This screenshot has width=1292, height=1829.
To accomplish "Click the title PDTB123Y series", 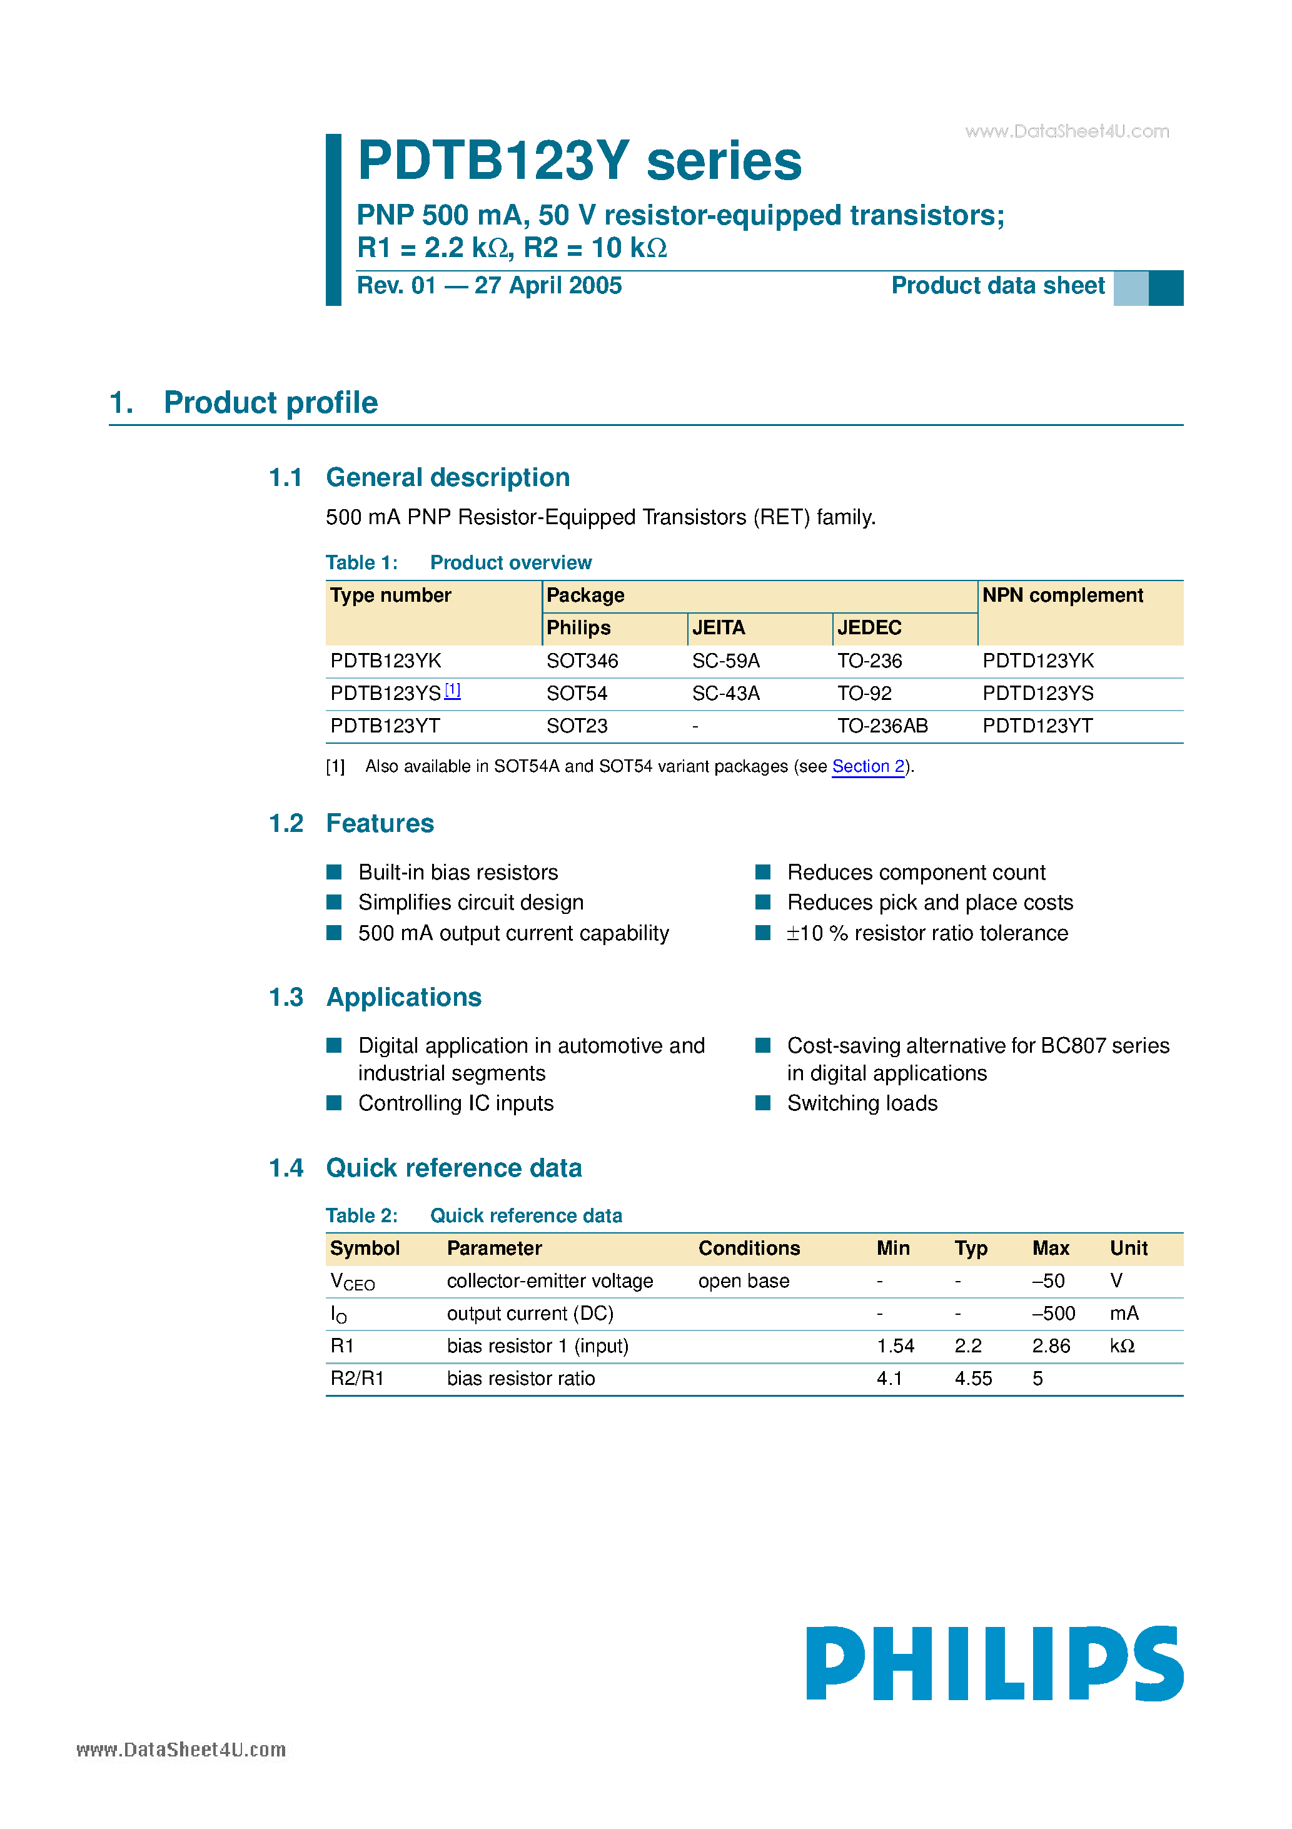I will coord(579,161).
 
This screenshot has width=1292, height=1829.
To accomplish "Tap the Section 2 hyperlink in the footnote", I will coord(867,766).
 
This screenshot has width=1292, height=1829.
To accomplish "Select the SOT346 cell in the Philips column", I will coord(582,661).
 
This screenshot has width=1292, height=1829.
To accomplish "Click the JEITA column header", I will coord(718,628).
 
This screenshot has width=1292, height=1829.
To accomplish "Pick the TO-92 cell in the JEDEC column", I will coord(864,694).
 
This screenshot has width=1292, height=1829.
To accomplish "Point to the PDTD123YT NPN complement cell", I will coord(1037,726).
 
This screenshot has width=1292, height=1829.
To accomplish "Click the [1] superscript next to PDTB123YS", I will coord(452,691).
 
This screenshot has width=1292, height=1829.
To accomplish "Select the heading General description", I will coord(448,477).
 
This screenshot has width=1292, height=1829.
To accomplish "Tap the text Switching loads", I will coord(862,1103).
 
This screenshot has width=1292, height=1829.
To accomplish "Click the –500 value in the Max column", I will coord(1053,1314).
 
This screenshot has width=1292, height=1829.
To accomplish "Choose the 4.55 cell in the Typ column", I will coord(972,1379).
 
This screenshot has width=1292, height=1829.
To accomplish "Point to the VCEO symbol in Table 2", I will coord(351,1282).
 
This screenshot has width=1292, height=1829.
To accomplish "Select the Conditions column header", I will coord(749,1249).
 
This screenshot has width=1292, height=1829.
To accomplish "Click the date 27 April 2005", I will coord(547,286).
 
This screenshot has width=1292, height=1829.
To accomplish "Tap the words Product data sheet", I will coord(997,286).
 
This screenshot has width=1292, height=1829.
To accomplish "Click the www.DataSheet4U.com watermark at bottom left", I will coord(181,1750).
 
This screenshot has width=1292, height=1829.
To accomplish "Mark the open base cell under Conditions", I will coord(743,1281).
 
